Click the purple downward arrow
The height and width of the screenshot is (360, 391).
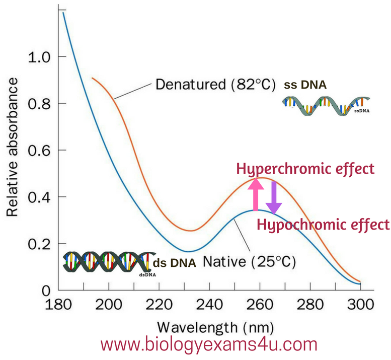[273, 197]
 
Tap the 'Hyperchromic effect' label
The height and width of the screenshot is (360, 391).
[305, 168]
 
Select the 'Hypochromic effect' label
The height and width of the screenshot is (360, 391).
[323, 224]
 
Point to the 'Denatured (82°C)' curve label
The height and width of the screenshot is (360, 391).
[215, 84]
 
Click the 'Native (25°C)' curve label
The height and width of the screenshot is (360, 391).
[249, 262]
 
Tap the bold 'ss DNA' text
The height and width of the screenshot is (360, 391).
[305, 85]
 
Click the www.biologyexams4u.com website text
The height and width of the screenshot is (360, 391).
[209, 346]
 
